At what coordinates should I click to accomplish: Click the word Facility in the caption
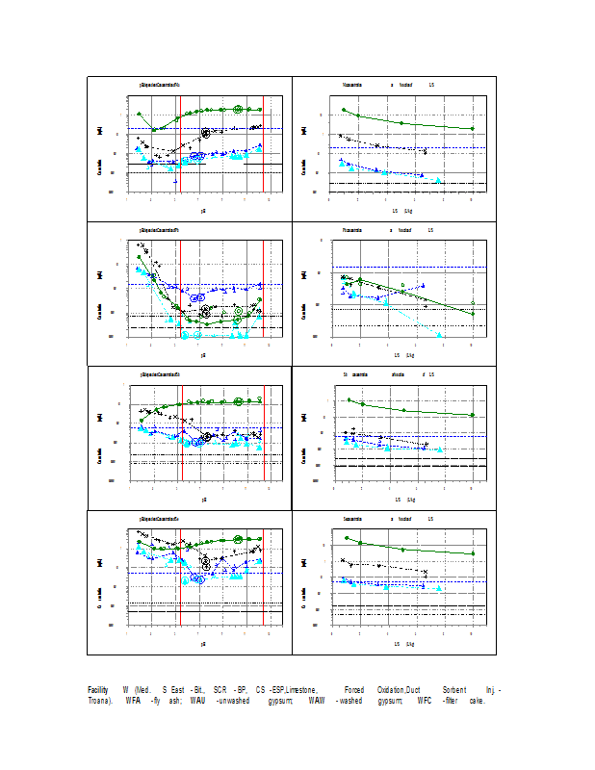(x=98, y=690)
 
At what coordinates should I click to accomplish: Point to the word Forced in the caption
(x=354, y=690)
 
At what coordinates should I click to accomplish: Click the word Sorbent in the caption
(x=454, y=690)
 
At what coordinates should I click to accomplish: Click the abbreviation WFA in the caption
(x=133, y=700)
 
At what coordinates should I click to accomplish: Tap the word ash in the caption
(x=178, y=700)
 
